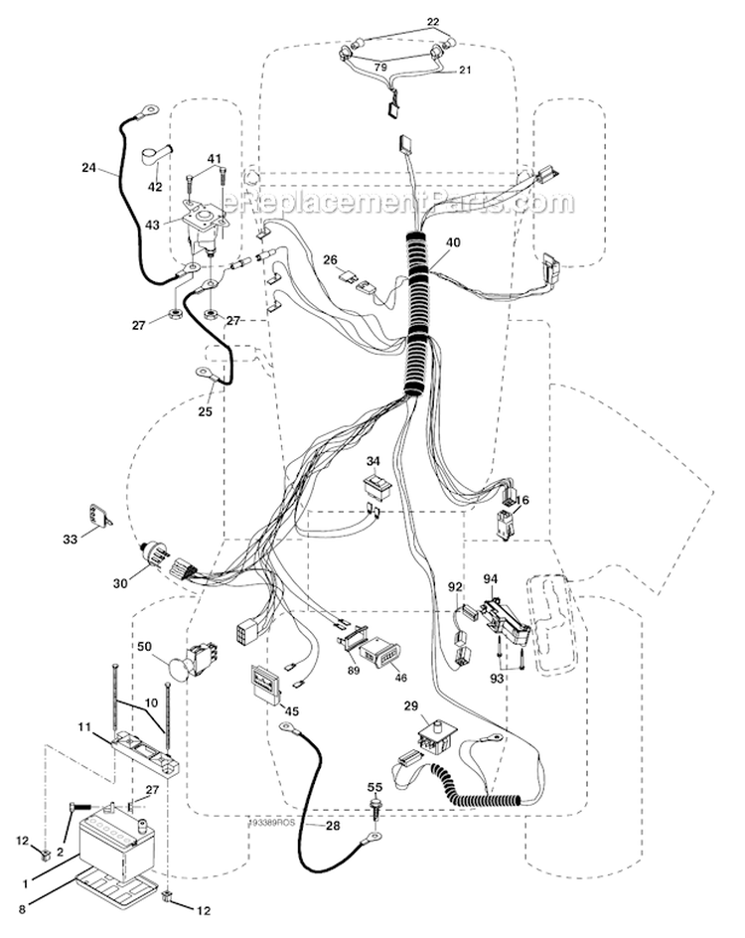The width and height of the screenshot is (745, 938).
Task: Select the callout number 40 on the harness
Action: click(x=453, y=242)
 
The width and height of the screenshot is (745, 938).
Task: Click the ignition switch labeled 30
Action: click(x=157, y=556)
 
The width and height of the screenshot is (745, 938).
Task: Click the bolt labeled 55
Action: click(x=376, y=807)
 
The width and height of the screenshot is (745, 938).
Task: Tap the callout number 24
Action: click(x=89, y=168)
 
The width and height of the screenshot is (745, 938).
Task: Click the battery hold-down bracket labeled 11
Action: click(x=145, y=756)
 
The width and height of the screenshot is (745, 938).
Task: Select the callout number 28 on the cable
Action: click(x=334, y=826)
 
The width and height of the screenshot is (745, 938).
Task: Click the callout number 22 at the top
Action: click(x=433, y=22)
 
